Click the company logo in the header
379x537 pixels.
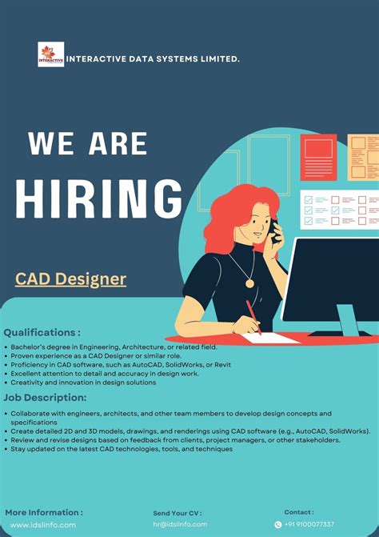(50, 54)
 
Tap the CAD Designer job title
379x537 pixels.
(70, 279)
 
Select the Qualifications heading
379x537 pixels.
(42, 332)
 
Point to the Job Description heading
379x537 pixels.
(45, 397)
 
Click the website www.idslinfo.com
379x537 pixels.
(43, 525)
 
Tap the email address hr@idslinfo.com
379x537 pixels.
(180, 524)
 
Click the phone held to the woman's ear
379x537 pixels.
(275, 230)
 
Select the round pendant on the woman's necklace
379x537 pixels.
(249, 283)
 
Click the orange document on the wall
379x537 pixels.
(318, 157)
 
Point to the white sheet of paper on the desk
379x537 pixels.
(272, 339)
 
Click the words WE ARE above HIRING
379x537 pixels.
(88, 144)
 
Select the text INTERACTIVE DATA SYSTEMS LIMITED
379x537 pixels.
(152, 58)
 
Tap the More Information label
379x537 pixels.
(44, 512)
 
